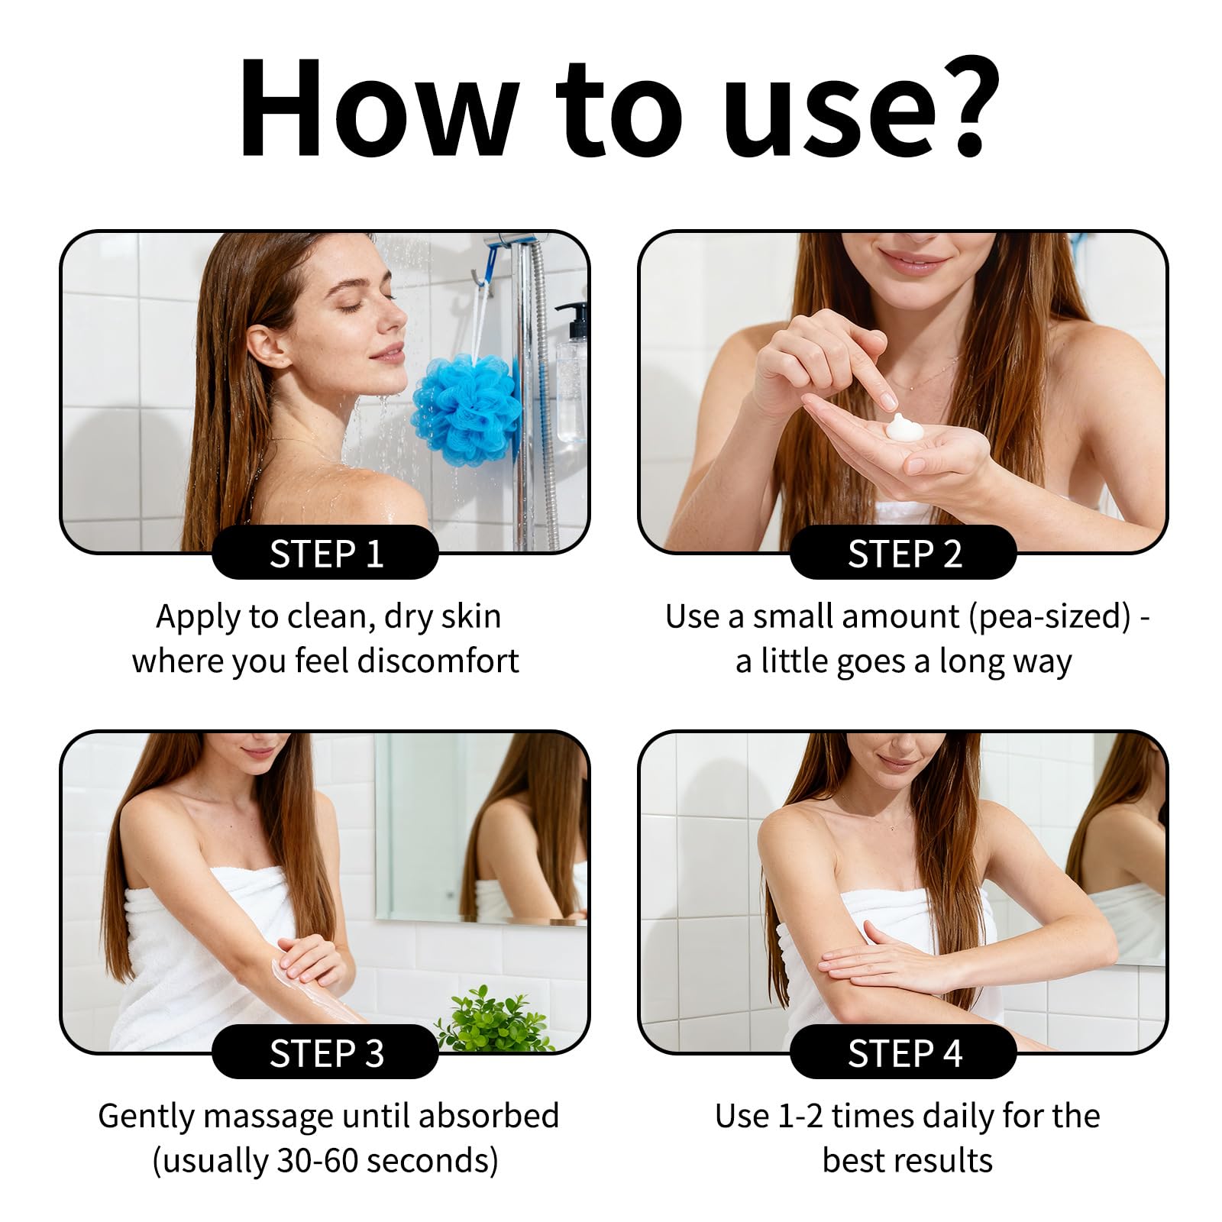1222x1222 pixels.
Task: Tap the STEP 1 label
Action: [x=325, y=554]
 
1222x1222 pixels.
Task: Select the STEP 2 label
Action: [x=904, y=554]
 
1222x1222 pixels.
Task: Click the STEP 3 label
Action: [x=325, y=1053]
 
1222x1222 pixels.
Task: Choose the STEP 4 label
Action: [x=904, y=1053]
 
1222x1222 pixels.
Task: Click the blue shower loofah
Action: [x=466, y=410]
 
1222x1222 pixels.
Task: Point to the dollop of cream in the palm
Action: [x=904, y=428]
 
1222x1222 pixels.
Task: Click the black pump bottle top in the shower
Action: [x=574, y=321]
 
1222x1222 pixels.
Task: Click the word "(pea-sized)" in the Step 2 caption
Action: [x=1049, y=617]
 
